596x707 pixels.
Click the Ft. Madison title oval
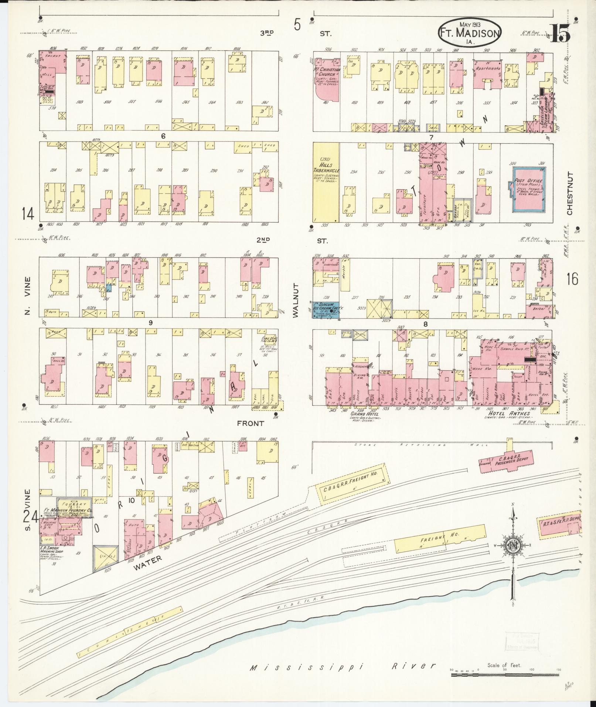point(470,33)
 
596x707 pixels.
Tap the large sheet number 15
point(560,34)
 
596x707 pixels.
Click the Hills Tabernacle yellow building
point(326,183)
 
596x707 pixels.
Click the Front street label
point(250,424)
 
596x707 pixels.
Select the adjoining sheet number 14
point(28,214)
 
